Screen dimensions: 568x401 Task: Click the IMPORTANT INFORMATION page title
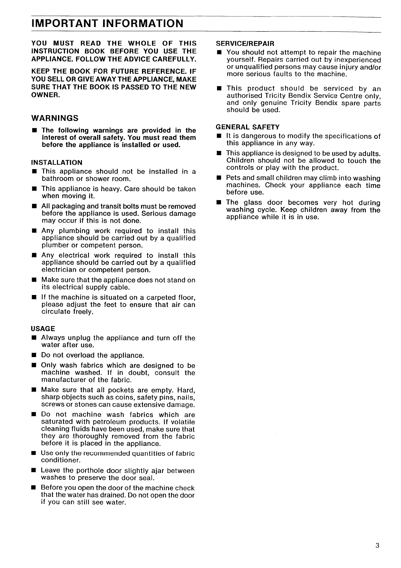pos(107,24)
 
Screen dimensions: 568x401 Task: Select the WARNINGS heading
pos(55,118)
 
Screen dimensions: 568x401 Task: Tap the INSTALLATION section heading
pos(57,163)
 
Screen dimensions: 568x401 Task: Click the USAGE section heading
pos(43,329)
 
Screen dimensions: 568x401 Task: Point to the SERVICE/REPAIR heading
pos(245,44)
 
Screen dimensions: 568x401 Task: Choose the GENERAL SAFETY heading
pos(248,127)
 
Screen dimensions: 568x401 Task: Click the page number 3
pos(377,546)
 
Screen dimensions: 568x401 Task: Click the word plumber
pos(55,245)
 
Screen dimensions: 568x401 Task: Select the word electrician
pos(59,270)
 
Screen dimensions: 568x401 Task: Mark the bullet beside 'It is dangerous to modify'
pos(219,136)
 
